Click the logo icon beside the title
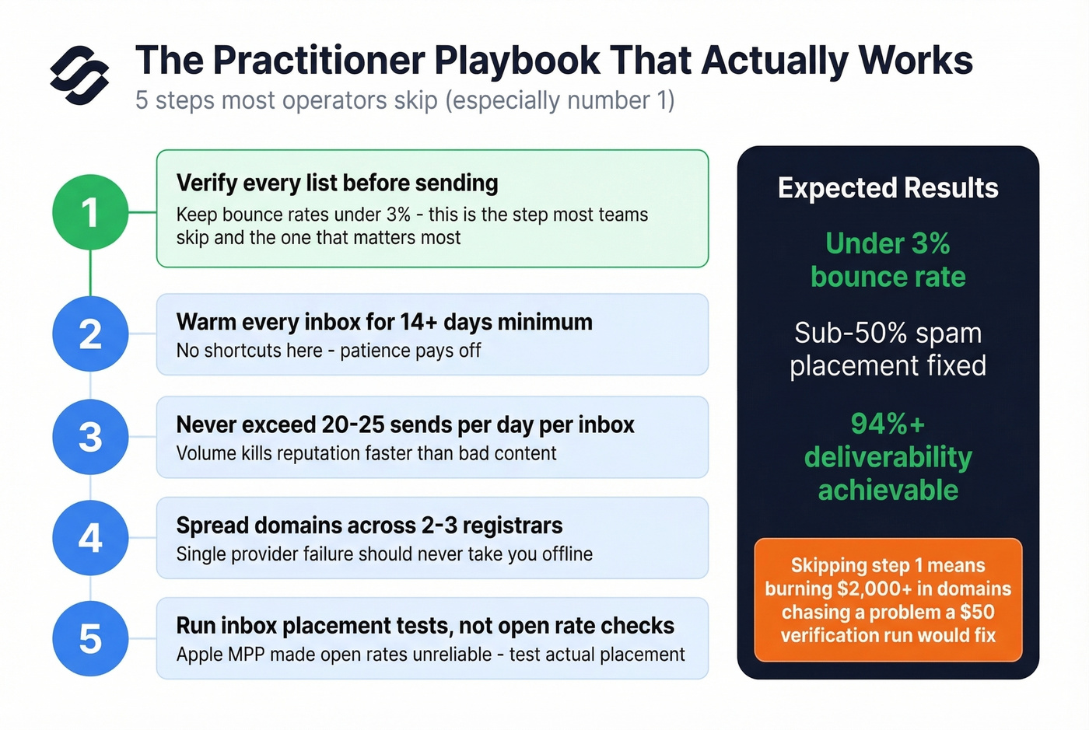(x=79, y=75)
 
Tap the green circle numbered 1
(x=90, y=212)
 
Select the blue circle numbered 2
(x=90, y=334)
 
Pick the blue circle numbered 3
(x=90, y=436)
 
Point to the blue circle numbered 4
(x=90, y=537)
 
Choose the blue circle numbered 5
(x=90, y=638)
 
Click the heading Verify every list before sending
(x=337, y=183)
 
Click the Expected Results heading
(x=888, y=188)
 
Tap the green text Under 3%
(x=888, y=243)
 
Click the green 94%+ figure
(x=888, y=424)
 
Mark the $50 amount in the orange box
(x=976, y=612)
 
